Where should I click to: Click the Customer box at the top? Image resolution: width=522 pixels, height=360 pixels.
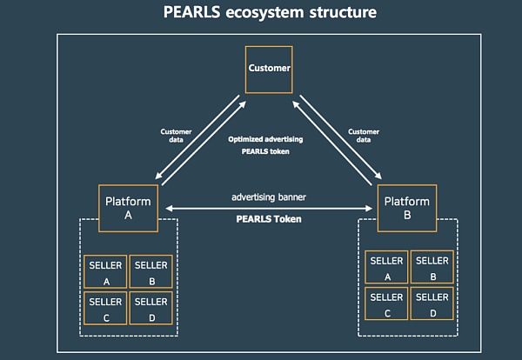pyautogui.click(x=269, y=68)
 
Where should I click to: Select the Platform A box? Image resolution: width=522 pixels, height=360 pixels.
pyautogui.click(x=128, y=208)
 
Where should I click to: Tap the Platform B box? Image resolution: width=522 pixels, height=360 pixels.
pyautogui.click(x=407, y=208)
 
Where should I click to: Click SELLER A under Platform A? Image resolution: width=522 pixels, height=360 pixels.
pyautogui.click(x=105, y=272)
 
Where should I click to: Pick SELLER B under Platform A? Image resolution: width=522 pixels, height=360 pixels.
pyautogui.click(x=151, y=272)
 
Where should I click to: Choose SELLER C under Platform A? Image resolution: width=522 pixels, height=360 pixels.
pyautogui.click(x=105, y=309)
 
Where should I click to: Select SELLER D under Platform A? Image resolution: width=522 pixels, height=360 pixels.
pyautogui.click(x=151, y=309)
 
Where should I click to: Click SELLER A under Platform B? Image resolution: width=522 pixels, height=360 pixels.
pyautogui.click(x=386, y=268)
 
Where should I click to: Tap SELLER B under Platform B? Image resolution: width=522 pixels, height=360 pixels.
pyautogui.click(x=432, y=268)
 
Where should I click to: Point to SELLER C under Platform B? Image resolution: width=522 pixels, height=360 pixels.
pyautogui.click(x=386, y=304)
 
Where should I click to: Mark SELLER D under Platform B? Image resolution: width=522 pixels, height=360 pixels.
pyautogui.click(x=432, y=304)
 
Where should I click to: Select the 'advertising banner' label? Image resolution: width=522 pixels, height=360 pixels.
pyautogui.click(x=269, y=197)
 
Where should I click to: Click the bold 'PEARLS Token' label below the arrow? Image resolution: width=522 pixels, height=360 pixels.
pyautogui.click(x=269, y=219)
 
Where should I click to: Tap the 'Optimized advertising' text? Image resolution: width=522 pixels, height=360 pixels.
pyautogui.click(x=269, y=138)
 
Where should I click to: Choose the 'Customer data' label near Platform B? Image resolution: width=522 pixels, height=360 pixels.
pyautogui.click(x=364, y=136)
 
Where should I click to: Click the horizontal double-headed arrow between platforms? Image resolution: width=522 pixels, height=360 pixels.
pyautogui.click(x=269, y=208)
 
